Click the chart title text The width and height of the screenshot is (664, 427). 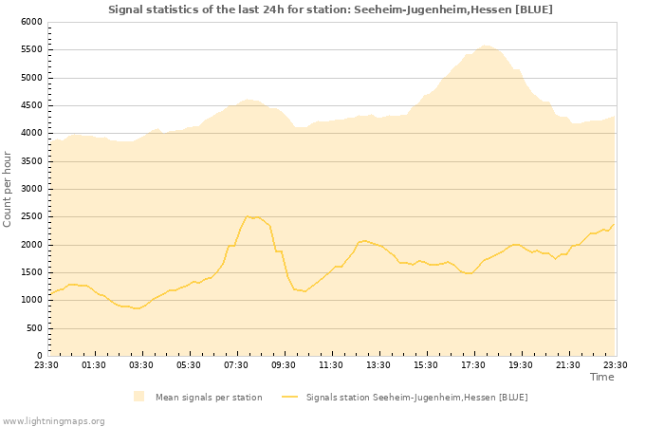pos(330,9)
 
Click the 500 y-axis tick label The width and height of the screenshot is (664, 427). pos(34,329)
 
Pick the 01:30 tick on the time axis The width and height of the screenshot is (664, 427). pos(94,365)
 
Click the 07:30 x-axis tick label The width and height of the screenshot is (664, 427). pos(236,365)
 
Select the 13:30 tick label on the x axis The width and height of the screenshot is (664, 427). pos(378,365)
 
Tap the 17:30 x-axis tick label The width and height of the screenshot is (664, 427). pos(473,365)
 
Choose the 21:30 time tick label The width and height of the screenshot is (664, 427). pos(568,365)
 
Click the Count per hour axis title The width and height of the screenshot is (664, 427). pos(9,189)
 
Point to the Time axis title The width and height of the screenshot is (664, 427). pos(601,377)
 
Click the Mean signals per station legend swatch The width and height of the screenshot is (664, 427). pos(139,397)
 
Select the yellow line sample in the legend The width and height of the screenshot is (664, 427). pos(289,397)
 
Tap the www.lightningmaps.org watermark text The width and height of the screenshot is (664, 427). pos(53,420)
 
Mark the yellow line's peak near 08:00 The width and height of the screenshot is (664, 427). pos(248,216)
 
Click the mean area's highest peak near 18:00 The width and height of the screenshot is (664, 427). pos(486,45)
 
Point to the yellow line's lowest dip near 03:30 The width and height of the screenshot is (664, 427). pos(137,308)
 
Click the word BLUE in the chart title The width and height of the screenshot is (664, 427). pos(536,9)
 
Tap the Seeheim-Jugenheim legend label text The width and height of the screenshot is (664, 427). pos(416,397)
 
